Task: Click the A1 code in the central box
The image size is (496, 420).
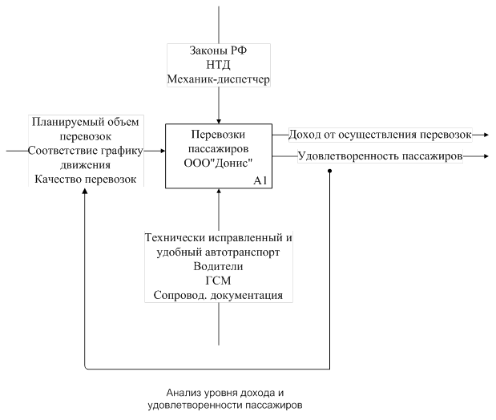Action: click(x=260, y=180)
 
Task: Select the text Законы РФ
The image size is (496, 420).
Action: click(x=218, y=50)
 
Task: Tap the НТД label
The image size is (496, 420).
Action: click(x=218, y=65)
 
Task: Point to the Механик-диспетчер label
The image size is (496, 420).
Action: click(x=218, y=79)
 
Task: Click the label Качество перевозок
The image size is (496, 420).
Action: click(x=86, y=179)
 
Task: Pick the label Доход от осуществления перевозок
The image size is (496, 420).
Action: click(x=380, y=135)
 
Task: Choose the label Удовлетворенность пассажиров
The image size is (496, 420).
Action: click(x=381, y=156)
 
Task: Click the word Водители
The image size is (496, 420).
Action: click(x=218, y=266)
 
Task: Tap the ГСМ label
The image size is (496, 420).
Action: click(x=218, y=281)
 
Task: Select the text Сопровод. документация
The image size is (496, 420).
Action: click(x=218, y=295)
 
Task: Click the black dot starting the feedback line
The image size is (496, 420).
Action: click(x=329, y=171)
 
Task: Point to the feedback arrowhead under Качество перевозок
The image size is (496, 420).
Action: click(x=85, y=191)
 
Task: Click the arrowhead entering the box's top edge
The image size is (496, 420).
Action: click(x=219, y=122)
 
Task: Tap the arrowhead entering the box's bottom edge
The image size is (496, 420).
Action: click(x=219, y=191)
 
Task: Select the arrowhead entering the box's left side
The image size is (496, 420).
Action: click(x=163, y=151)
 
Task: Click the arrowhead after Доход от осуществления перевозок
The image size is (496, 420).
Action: click(x=486, y=135)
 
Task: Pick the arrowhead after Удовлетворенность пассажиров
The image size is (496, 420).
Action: click(x=486, y=156)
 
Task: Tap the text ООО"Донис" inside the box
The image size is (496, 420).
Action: click(x=218, y=164)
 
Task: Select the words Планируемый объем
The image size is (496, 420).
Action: click(x=86, y=122)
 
